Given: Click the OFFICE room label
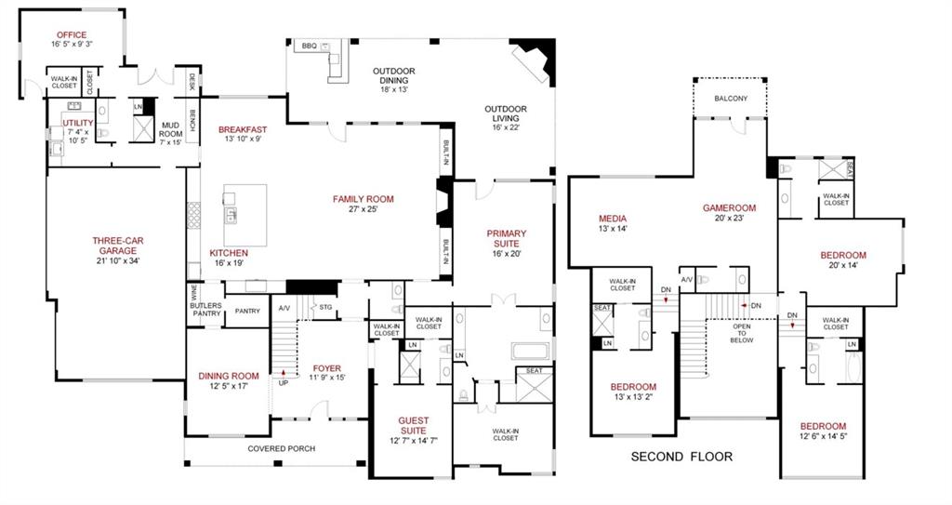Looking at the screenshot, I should coord(72,35).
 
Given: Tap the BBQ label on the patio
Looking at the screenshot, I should coord(309,46).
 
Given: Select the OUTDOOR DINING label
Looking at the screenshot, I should coord(393,72).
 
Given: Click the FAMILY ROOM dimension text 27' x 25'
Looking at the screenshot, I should coord(364,209).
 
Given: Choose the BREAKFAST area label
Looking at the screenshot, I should coord(243,129).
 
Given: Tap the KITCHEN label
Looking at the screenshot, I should coord(229,253).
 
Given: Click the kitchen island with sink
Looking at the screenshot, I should coord(245,215).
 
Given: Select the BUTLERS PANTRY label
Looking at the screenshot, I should coord(205,310).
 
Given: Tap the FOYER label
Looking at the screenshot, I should coord(326,368).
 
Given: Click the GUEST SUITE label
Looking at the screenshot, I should coord(414,425).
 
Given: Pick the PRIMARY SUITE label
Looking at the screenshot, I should coord(507,238).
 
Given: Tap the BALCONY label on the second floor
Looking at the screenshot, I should coord(731,99).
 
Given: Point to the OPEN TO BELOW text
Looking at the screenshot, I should coord(741,333).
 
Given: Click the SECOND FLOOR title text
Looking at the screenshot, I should coord(681,457).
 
